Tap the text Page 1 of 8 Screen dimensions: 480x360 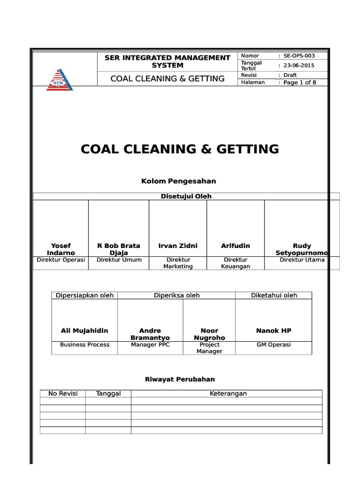[x=300, y=82]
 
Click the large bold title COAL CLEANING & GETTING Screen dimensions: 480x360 [x=180, y=149]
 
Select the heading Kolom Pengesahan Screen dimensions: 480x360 [x=179, y=181]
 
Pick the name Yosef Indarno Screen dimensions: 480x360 [x=61, y=249]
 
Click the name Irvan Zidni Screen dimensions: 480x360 [x=178, y=246]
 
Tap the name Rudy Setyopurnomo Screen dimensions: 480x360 [x=302, y=249]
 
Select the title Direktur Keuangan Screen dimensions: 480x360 [x=235, y=263]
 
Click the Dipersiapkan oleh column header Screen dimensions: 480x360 [x=84, y=295]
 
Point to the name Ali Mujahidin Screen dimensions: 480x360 [x=84, y=330]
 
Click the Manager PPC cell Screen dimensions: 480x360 [x=150, y=345]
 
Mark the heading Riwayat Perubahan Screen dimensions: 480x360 [x=181, y=379]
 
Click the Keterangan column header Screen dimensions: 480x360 [x=228, y=394]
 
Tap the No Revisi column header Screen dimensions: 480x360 [x=63, y=394]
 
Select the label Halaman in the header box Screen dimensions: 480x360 [x=253, y=82]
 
